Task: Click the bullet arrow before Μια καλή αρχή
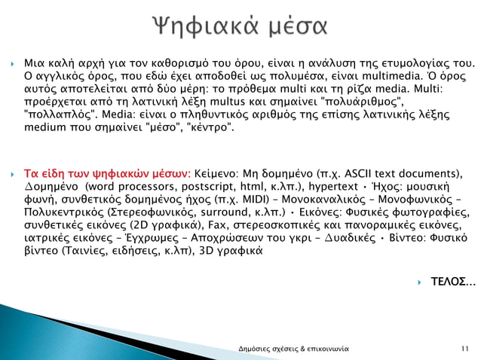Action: (14, 63)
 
